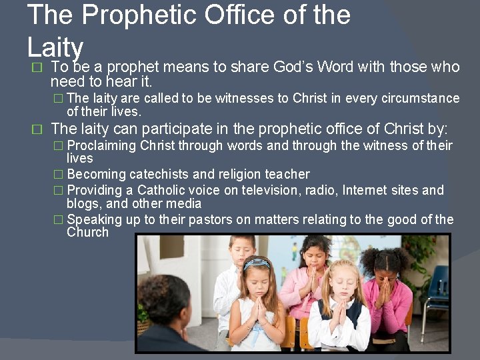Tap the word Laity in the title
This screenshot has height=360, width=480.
(x=55, y=47)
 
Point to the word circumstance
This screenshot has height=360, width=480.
(x=421, y=99)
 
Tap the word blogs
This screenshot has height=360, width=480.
(x=83, y=204)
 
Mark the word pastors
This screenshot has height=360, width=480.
(x=229, y=219)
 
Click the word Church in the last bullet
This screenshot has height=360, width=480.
(x=87, y=233)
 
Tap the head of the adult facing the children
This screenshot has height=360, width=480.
(x=163, y=299)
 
